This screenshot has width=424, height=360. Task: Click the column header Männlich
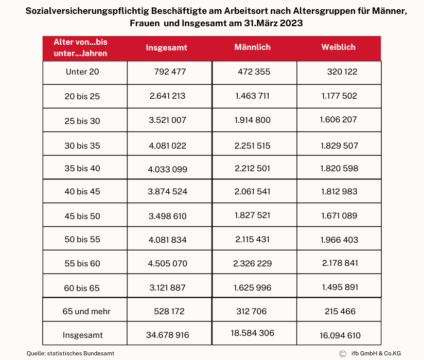(x=252, y=47)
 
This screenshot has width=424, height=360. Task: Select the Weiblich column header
(x=338, y=47)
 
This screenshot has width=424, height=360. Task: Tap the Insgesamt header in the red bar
(x=166, y=48)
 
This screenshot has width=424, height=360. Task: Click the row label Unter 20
(x=82, y=72)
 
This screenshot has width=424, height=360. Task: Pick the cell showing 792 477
(x=170, y=72)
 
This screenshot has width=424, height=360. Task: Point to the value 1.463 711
(x=252, y=96)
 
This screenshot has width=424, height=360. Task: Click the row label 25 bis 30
(x=82, y=121)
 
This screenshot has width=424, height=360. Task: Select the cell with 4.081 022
(x=167, y=146)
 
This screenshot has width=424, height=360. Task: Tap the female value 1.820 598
(x=339, y=168)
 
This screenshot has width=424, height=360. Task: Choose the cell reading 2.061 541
(x=252, y=192)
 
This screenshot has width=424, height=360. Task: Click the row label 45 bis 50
(x=82, y=216)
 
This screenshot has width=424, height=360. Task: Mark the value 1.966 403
(x=339, y=240)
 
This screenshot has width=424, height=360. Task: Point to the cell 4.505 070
(x=167, y=263)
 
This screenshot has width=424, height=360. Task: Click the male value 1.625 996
(x=252, y=288)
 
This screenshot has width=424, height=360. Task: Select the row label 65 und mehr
(x=86, y=311)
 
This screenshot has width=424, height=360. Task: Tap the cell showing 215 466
(x=340, y=311)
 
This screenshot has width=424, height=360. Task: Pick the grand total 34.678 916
(x=167, y=335)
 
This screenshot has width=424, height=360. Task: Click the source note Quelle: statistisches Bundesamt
(x=70, y=353)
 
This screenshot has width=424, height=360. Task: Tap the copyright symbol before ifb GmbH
(x=343, y=354)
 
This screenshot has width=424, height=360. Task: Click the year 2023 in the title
(x=291, y=23)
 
